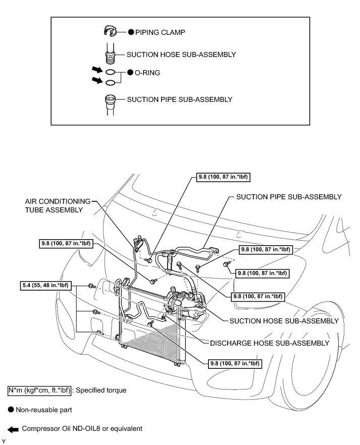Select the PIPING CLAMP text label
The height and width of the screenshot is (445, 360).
pyautogui.click(x=160, y=32)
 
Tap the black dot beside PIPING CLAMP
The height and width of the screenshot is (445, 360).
pyautogui.click(x=130, y=32)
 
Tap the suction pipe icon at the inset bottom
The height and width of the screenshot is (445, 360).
pyautogui.click(x=109, y=100)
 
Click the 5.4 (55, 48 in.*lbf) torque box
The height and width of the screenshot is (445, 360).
pyautogui.click(x=44, y=286)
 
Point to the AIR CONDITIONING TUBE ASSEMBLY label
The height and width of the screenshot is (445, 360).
pyautogui.click(x=59, y=205)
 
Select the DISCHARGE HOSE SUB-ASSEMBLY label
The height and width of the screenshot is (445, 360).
pyautogui.click(x=270, y=343)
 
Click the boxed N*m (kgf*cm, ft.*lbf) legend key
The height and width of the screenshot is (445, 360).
pyautogui.click(x=39, y=390)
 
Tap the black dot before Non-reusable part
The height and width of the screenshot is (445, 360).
pyautogui.click(x=11, y=409)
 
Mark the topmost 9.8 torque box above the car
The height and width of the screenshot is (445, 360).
pyautogui.click(x=223, y=177)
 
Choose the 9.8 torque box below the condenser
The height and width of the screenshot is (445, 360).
pyautogui.click(x=234, y=363)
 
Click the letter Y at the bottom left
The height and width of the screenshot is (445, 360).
pyautogui.click(x=4, y=441)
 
